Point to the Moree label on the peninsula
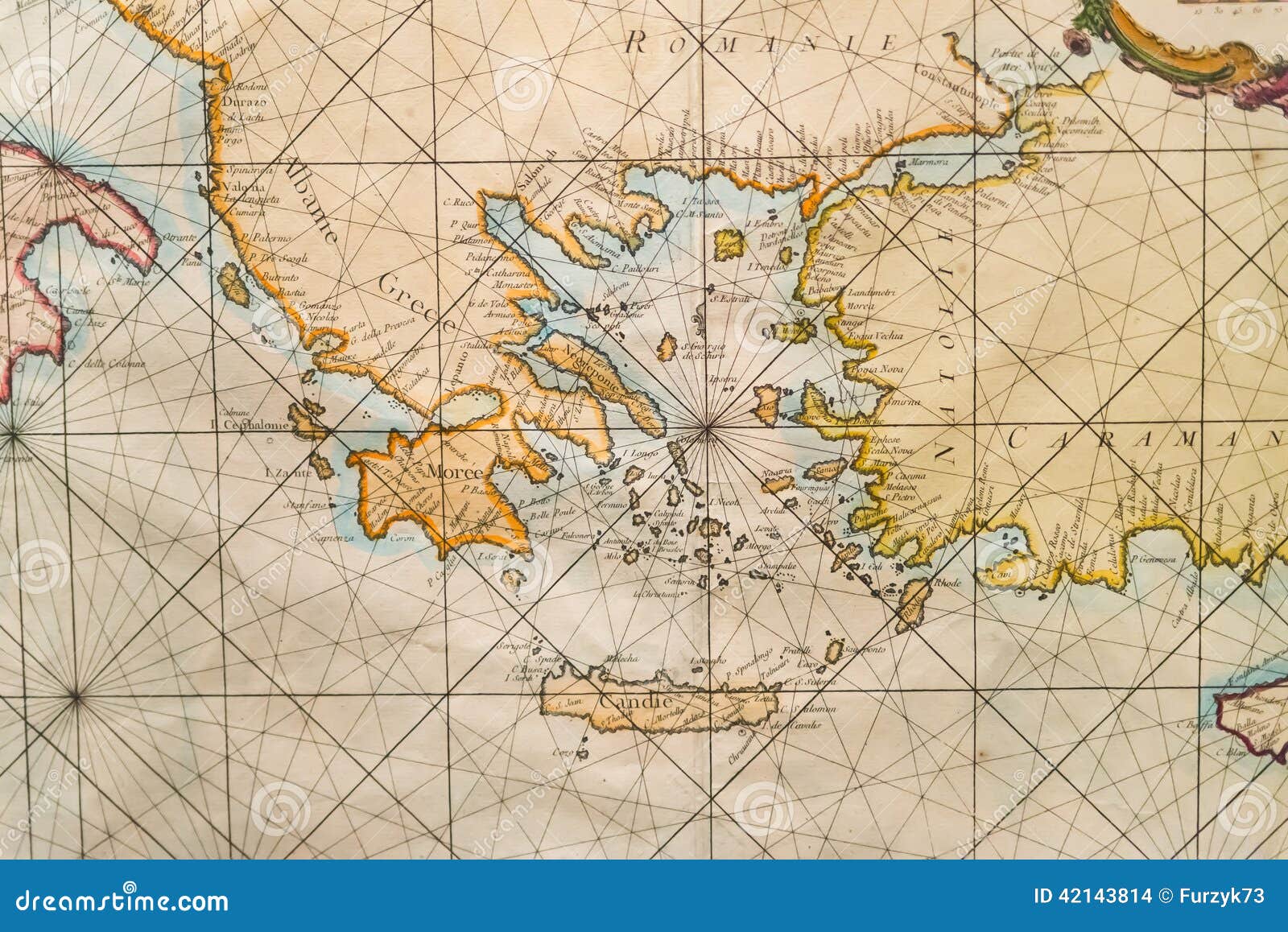456,472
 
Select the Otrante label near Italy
180,237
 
